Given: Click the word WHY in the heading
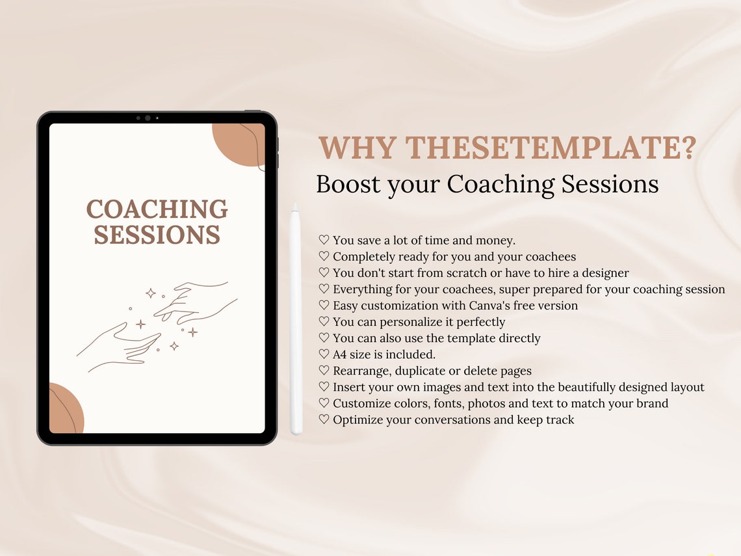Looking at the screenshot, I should pos(356,149).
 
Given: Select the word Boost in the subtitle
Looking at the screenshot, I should pos(348,184).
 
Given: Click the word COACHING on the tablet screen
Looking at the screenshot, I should pos(157,209).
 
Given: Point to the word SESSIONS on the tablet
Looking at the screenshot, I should pos(157,235).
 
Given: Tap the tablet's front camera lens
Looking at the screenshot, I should pos(148,118).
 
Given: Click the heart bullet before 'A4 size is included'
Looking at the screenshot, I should pos(324,354).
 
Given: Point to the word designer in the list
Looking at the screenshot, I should pos(604,273).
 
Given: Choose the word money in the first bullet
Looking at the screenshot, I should pos(496,241).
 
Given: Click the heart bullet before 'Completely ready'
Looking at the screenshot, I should pos(324,257).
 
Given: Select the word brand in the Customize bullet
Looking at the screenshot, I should pos(652,403).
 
